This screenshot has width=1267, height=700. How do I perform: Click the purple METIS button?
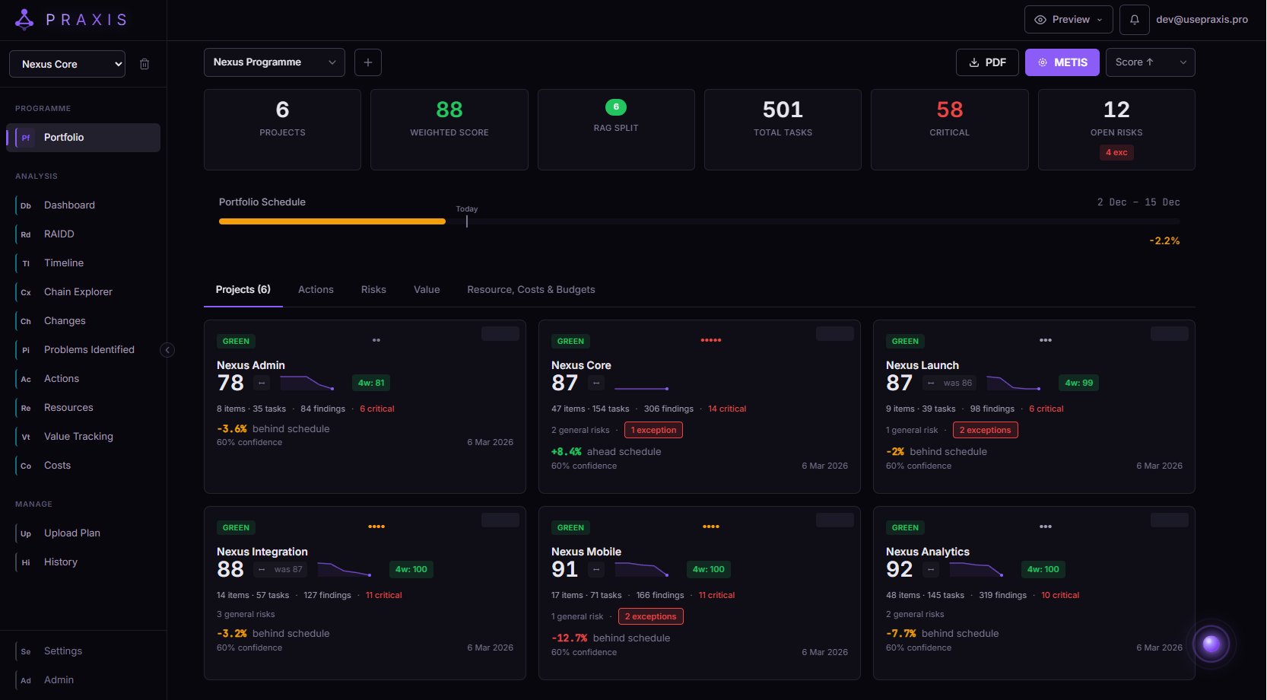click(1062, 62)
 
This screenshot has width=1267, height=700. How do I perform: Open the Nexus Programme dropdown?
click(274, 62)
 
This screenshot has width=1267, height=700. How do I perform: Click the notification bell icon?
click(1134, 20)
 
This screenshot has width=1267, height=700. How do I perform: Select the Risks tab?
click(373, 290)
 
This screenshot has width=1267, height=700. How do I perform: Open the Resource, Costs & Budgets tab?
click(531, 290)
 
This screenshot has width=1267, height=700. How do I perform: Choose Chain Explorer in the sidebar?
click(78, 292)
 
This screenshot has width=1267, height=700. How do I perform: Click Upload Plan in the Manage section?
click(71, 533)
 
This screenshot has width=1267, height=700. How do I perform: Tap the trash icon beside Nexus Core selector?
click(144, 65)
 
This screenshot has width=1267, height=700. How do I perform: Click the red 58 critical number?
click(949, 110)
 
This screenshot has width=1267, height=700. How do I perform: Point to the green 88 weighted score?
click(449, 110)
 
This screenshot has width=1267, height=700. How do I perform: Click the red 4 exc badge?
click(1116, 153)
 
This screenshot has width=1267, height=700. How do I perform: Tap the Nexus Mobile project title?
click(586, 552)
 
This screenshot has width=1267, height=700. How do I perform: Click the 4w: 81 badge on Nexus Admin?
click(371, 383)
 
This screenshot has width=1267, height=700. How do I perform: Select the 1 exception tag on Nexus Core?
click(653, 430)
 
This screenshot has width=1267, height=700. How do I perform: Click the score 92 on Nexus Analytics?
click(899, 569)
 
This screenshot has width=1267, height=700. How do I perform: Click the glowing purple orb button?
click(1211, 644)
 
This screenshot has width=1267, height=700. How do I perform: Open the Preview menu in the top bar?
click(1069, 20)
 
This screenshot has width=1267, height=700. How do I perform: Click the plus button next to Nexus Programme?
click(368, 62)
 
